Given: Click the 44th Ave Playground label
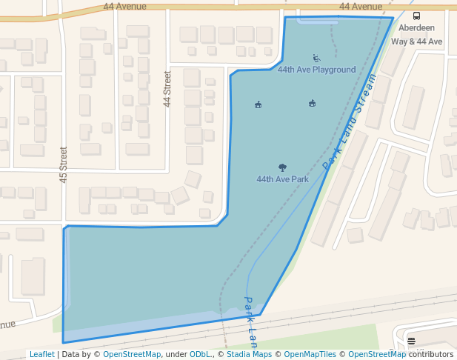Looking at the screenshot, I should coord(316,70).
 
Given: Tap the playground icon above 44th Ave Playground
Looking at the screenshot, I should coord(317,58).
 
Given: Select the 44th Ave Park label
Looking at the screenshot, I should coord(282,179).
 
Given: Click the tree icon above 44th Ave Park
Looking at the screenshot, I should coord(282,168).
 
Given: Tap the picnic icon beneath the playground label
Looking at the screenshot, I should coord(312,103).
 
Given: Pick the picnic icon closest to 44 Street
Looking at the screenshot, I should coord(258,104).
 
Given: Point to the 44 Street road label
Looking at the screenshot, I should coord(167,89).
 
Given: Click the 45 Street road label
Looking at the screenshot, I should coord(64,164).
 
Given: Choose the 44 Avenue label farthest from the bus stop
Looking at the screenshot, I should coord(125,7).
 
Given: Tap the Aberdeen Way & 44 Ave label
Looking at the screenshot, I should coord(416,35).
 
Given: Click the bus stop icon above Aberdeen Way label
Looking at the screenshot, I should coord(416,16).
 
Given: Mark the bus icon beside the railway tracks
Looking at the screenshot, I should coord(411,341).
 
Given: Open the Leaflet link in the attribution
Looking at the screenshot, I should coord(42,355).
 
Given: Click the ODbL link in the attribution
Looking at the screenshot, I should coord(201,355).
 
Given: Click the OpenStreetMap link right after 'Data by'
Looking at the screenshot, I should coord(132,355).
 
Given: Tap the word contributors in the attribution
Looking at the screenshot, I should coord(431,355).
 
